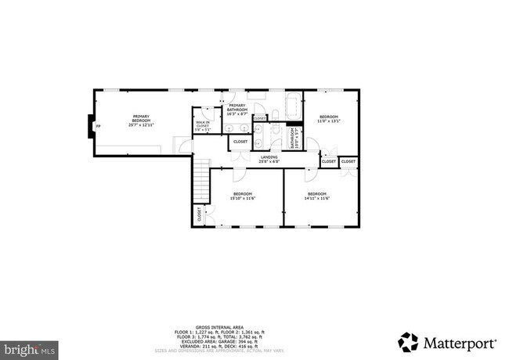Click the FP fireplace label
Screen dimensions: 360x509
pos(97,125)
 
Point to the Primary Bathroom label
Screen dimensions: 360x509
pos(237,110)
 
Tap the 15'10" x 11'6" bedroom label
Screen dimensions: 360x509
pos(243,196)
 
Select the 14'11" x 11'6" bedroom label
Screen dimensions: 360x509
pos(316,196)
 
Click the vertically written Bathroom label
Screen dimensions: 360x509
pos(294,139)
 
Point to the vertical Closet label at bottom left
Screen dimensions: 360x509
pos(199,214)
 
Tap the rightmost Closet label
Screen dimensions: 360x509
pos(348,161)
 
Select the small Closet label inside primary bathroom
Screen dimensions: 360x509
pos(259,119)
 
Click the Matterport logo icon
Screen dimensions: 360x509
pos(408,340)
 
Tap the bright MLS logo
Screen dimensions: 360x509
pos(28,345)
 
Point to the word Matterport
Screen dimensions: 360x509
pos(459,341)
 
